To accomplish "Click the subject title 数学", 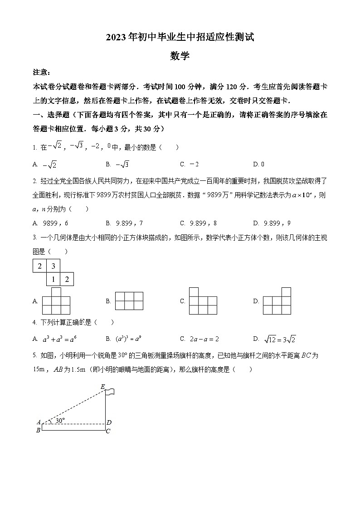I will [180, 56].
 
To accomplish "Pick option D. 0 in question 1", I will [259, 164].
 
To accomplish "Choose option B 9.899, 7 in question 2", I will [125, 223].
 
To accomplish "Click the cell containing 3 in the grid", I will [53, 266].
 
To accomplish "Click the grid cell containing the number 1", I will [53, 279].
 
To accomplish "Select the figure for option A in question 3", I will [56, 301].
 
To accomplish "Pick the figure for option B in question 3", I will [129, 301].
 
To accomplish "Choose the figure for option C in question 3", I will [203, 301].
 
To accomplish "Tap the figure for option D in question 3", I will [277, 301].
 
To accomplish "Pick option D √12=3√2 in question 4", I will [274, 339].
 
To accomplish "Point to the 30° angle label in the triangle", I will [60, 421].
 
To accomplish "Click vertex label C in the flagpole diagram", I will [108, 431].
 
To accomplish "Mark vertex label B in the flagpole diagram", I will [38, 431].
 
